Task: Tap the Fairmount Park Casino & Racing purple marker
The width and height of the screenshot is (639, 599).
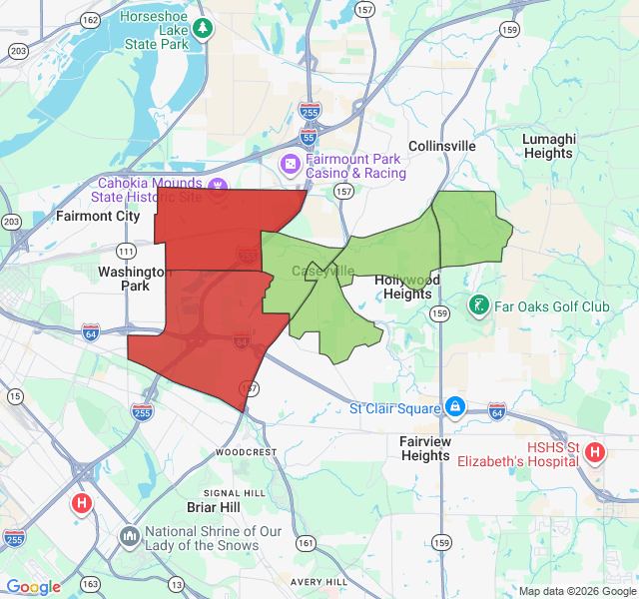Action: click(x=289, y=162)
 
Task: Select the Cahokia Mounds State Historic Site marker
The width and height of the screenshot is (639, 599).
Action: click(x=218, y=184)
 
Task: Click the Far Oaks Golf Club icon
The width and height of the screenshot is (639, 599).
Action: click(x=479, y=303)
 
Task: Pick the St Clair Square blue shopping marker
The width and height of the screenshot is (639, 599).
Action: click(x=455, y=406)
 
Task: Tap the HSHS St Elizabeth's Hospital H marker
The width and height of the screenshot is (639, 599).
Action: click(x=595, y=453)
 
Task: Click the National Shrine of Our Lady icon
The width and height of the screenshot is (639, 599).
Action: click(x=130, y=537)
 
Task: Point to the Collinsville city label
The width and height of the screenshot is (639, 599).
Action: click(x=442, y=146)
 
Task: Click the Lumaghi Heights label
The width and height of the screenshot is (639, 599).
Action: click(x=549, y=146)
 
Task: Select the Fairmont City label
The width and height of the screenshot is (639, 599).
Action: click(x=98, y=216)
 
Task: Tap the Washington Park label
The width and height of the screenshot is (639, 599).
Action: click(x=135, y=279)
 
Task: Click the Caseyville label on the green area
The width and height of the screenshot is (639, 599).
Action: click(x=322, y=271)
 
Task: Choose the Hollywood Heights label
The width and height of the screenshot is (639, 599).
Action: click(x=407, y=288)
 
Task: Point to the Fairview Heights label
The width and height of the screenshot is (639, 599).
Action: click(x=425, y=448)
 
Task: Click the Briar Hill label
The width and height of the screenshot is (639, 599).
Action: click(x=214, y=507)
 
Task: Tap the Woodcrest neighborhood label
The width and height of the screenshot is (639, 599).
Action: click(x=246, y=451)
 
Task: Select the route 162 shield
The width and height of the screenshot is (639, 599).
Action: click(x=90, y=20)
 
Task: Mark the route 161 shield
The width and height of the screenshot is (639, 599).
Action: click(x=305, y=543)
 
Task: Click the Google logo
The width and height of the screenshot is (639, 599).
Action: click(x=33, y=587)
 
